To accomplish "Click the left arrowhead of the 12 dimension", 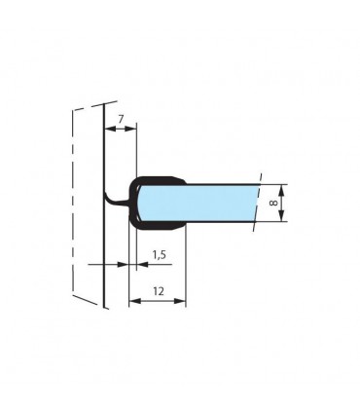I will [133, 301].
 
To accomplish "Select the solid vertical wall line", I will [102, 243].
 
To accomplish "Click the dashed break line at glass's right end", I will [257, 203].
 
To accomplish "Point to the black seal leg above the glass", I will [161, 179].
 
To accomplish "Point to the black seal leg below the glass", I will [161, 226].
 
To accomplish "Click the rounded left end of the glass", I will [141, 203].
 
